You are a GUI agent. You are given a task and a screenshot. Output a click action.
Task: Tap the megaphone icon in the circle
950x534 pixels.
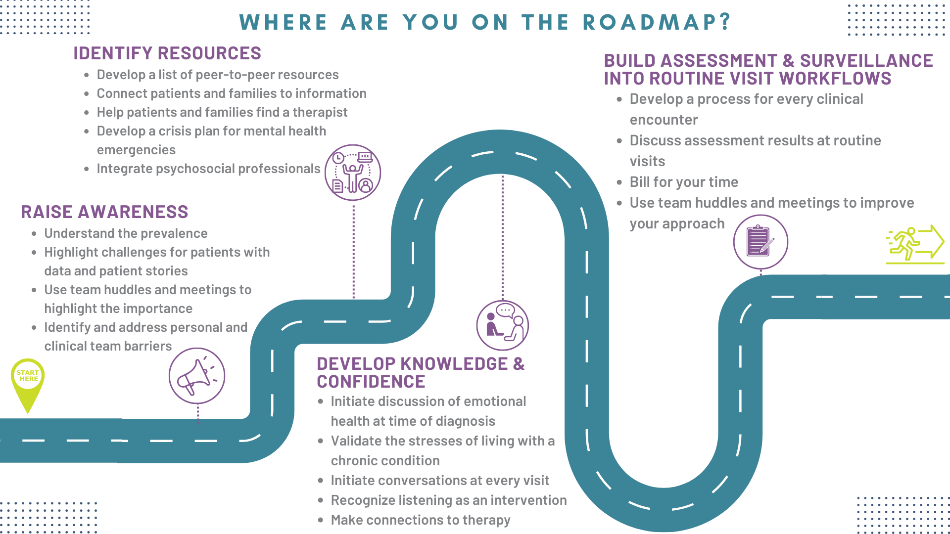tap(197, 376)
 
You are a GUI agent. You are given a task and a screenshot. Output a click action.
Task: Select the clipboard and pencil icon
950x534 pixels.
tap(760, 242)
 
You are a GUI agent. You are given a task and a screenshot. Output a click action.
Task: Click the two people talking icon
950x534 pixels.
tap(503, 325)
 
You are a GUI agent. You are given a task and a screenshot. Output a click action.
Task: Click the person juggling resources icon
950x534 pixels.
tap(353, 173)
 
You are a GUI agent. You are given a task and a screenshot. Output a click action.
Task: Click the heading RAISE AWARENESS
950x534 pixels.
tap(104, 212)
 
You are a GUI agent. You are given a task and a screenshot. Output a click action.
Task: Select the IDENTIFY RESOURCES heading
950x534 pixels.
tap(167, 53)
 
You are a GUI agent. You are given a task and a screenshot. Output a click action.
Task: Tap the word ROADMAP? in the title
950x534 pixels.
tap(657, 22)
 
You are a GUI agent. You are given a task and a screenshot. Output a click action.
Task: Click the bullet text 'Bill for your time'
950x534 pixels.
tap(684, 182)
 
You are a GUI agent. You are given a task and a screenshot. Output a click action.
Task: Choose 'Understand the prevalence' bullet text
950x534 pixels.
tap(126, 233)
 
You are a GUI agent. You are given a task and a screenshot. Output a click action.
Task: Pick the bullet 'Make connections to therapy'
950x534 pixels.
tap(421, 520)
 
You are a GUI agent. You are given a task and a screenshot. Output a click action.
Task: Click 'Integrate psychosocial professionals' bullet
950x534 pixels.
tap(208, 169)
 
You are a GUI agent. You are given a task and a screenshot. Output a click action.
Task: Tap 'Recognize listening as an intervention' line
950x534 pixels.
tap(449, 500)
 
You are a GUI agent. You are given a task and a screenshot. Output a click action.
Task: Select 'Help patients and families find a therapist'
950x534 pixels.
tap(222, 112)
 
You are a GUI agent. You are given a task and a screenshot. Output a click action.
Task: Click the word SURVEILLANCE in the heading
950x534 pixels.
tap(866, 61)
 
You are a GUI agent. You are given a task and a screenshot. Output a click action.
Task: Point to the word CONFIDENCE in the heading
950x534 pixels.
tap(371, 382)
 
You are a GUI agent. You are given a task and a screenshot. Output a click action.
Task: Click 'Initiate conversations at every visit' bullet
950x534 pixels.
tap(440, 481)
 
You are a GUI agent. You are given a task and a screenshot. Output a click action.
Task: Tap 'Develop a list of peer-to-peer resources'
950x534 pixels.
tap(218, 75)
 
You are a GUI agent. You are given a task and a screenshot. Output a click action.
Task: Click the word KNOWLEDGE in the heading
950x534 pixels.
tap(454, 364)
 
